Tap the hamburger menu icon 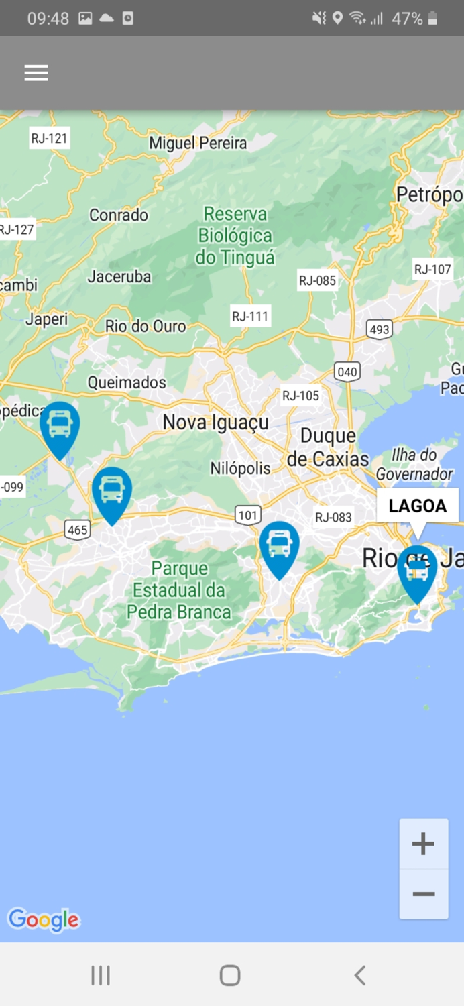click(36, 73)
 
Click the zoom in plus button click(423, 844)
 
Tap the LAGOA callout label click(417, 506)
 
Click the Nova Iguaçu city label click(215, 423)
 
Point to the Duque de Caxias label click(328, 447)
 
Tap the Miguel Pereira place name click(198, 143)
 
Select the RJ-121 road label click(50, 139)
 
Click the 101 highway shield click(248, 515)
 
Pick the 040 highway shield click(347, 372)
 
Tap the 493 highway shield click(380, 329)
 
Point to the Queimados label click(127, 382)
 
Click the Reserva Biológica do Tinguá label click(235, 235)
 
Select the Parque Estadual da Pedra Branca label click(179, 590)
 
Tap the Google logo click(44, 920)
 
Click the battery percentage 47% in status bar click(407, 19)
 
